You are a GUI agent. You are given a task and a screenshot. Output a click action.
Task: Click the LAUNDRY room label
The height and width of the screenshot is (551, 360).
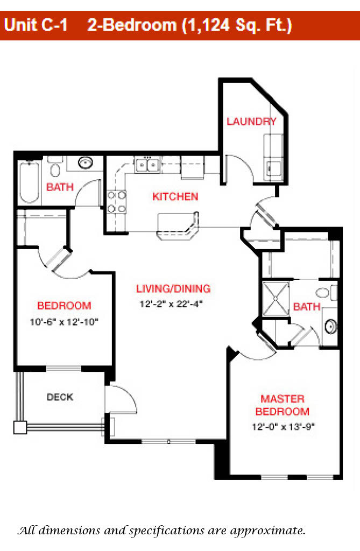click(251, 122)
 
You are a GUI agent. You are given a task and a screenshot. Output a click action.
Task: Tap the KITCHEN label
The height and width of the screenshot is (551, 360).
click(175, 196)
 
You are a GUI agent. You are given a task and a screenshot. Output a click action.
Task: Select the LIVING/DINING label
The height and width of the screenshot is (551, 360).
click(173, 289)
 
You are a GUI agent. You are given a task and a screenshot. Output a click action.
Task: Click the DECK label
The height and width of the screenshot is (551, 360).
click(60, 397)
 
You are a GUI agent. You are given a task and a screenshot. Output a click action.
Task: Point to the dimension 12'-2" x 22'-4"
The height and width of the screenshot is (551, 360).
click(171, 304)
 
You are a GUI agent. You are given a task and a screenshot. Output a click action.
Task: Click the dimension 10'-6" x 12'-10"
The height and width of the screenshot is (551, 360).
click(64, 322)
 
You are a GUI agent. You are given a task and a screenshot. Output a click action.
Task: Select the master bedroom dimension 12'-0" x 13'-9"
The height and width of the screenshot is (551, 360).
click(284, 427)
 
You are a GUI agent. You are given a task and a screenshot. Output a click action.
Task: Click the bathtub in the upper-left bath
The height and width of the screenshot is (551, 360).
click(29, 182)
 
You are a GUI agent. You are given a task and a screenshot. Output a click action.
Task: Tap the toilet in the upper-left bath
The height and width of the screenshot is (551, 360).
click(54, 167)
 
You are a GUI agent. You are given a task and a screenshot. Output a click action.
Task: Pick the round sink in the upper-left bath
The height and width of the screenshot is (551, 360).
click(86, 163)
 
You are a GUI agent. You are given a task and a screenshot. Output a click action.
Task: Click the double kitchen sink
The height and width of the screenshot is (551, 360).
click(147, 165)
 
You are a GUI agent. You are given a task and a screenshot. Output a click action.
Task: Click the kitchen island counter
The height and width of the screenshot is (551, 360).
click(178, 226)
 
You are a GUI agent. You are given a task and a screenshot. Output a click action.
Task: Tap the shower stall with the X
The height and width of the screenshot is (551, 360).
click(277, 298)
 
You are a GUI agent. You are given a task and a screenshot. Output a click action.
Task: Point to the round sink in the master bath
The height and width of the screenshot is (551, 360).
click(330, 326)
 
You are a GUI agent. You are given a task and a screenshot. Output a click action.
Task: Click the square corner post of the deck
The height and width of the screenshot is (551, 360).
click(20, 427)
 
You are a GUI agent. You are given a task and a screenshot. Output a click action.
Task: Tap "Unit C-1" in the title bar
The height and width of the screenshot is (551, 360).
click(36, 25)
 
